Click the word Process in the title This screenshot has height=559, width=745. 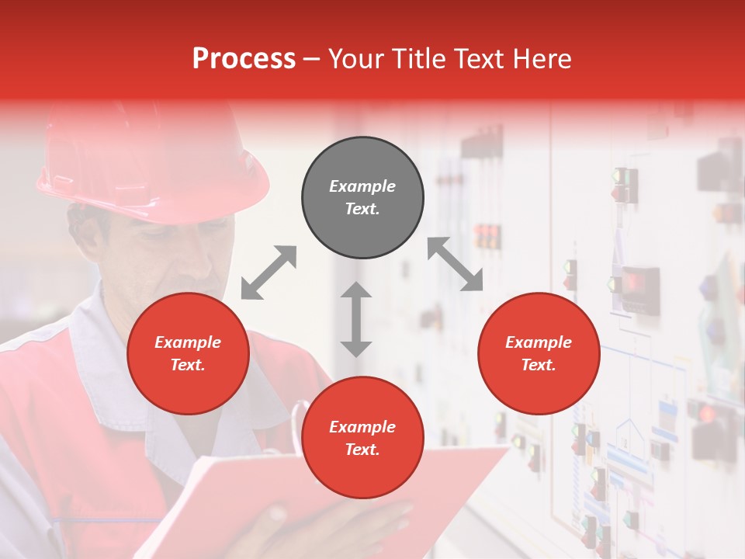pos(244,59)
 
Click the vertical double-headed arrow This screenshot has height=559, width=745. pos(356,319)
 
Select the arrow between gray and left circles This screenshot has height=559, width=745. pos(269,272)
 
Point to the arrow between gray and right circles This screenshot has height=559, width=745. pos(455,265)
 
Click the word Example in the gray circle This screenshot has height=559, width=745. pos(362,186)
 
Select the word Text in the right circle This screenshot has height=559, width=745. pos(538,365)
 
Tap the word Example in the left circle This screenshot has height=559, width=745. pos(188,342)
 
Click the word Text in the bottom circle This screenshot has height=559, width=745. pos(362,450)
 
